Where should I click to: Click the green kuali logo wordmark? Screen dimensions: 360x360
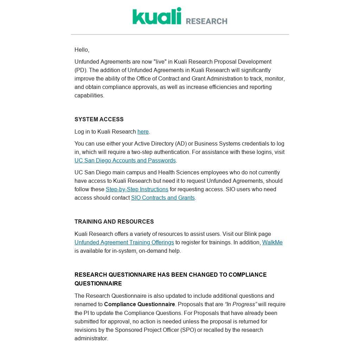point(157,16)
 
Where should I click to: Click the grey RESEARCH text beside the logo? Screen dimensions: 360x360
point(206,21)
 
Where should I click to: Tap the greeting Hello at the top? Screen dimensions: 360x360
point(82,50)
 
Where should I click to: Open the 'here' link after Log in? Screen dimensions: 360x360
point(143,132)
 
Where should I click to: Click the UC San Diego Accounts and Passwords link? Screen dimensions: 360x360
point(125,161)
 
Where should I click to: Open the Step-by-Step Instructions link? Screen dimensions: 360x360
point(137,189)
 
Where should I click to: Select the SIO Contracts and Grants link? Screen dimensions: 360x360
point(163,198)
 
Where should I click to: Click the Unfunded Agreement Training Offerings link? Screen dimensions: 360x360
point(124,243)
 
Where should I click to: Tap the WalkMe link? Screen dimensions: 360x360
point(272,243)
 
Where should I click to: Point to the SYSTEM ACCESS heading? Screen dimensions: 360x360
point(99,120)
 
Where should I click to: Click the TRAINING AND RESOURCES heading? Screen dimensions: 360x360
point(114,222)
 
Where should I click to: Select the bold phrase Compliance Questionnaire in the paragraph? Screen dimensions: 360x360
point(139,304)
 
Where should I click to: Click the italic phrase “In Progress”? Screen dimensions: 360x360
point(241,304)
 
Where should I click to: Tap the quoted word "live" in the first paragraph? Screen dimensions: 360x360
point(160,62)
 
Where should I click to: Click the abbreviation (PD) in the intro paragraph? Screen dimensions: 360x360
point(80,70)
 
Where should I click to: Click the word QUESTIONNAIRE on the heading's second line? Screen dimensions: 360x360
point(98,284)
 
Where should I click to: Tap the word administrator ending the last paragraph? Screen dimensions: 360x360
point(91,339)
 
